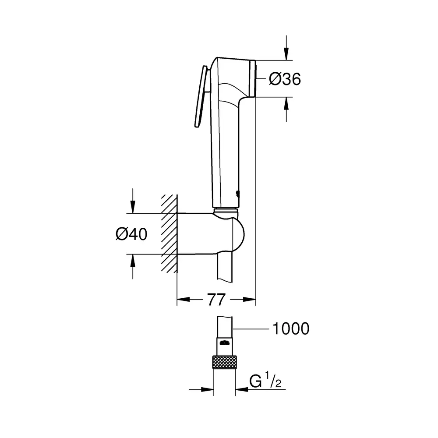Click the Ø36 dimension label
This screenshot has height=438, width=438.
285,79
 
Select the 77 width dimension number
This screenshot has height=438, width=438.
216,300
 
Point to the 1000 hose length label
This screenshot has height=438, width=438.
291,328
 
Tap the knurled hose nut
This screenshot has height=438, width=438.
224,362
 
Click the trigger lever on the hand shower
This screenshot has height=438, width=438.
201,97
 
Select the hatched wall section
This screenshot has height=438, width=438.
169,233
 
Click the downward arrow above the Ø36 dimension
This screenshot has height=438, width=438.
286,48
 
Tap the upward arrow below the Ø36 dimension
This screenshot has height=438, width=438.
286,109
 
